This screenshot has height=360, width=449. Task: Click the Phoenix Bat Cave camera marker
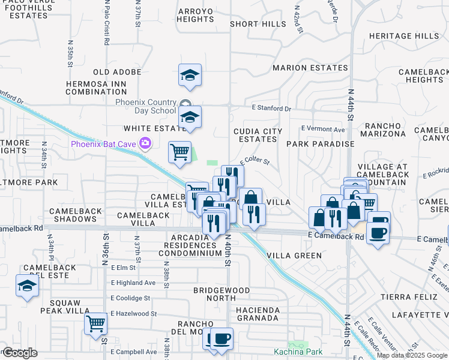(145, 143)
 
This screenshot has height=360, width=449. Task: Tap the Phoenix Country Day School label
(146, 106)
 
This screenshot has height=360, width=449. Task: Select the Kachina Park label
(298, 352)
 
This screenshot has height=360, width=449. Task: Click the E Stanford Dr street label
(271, 109)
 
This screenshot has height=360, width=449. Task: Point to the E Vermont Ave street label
(323, 129)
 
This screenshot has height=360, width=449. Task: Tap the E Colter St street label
(255, 161)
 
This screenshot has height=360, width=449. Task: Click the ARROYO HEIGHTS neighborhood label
(195, 15)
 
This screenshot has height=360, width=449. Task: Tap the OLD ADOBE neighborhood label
(117, 72)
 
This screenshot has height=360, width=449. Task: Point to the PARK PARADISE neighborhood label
(320, 144)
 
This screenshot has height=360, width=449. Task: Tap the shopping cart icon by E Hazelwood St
(96, 325)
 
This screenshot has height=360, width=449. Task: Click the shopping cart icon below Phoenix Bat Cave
(179, 152)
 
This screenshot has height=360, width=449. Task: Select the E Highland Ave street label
(133, 283)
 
